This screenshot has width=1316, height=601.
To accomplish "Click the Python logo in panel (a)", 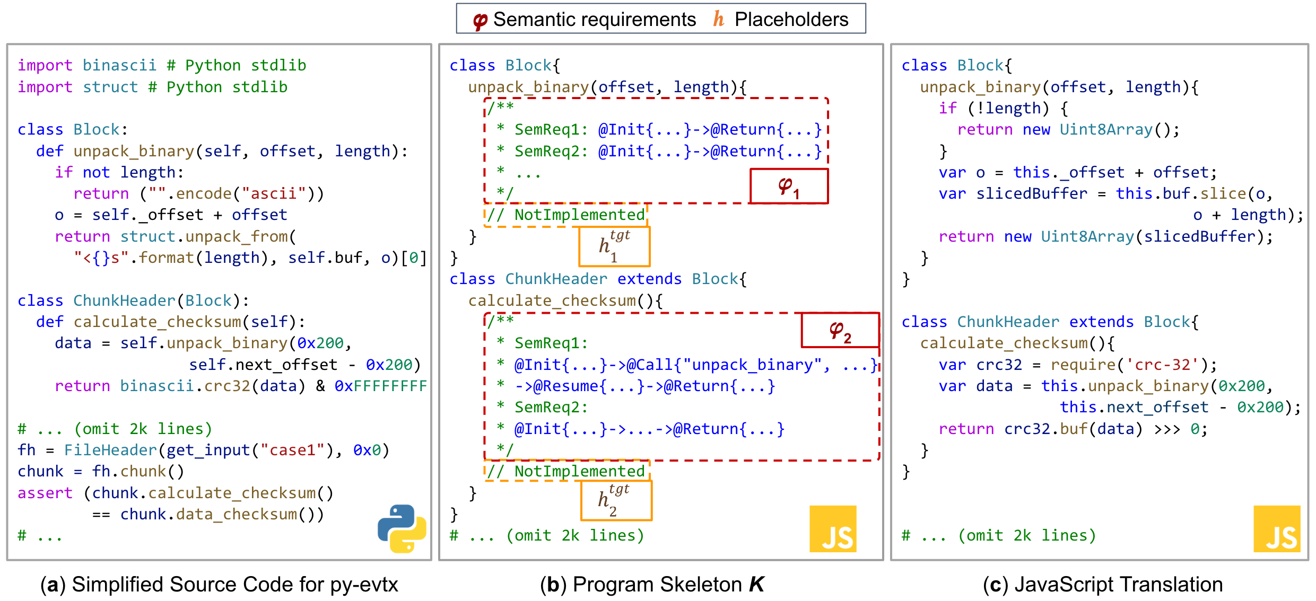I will tap(402, 528).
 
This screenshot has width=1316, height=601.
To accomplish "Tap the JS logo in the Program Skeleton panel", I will tap(833, 529).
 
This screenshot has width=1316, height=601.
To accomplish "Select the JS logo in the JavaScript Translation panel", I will tap(1277, 529).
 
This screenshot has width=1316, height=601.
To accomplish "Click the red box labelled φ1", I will tap(789, 186).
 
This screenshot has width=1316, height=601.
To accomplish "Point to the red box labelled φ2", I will tap(840, 330).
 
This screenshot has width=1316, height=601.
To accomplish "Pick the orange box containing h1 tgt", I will tap(614, 246).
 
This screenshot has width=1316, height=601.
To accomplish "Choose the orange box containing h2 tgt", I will tap(616, 501).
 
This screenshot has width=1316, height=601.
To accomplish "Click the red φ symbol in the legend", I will tap(480, 20).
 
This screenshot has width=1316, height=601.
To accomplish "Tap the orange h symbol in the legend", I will tap(718, 19).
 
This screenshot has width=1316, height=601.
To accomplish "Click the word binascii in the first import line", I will tap(119, 65).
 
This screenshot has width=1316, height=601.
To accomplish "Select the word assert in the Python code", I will tap(45, 493).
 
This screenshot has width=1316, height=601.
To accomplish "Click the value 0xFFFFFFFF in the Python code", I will tap(380, 386).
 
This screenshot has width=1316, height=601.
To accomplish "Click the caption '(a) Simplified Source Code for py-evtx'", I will tap(219, 584).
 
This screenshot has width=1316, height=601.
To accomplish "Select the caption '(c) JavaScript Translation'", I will tap(1102, 584).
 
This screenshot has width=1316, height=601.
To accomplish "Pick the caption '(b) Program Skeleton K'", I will tap(652, 584).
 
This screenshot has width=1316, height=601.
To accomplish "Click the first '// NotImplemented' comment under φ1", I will tap(566, 215).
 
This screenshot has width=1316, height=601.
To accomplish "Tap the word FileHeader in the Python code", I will tap(110, 450).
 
